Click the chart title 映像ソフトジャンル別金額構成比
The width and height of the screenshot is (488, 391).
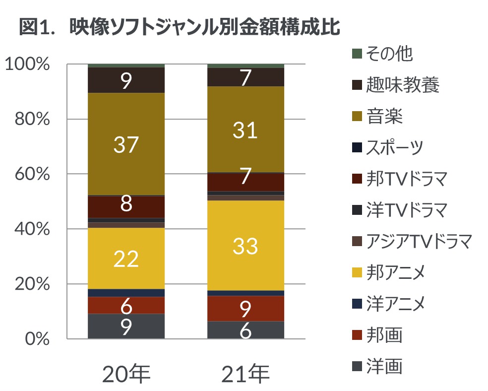(x=180, y=27)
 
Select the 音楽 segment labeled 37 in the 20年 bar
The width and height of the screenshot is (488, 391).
(x=126, y=144)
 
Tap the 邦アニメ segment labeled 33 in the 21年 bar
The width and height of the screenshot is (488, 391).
(x=245, y=245)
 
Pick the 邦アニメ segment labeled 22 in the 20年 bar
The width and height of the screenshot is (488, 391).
(x=126, y=259)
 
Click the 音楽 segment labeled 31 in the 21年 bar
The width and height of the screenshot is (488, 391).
(x=245, y=130)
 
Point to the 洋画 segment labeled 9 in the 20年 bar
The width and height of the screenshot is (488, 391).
(x=126, y=326)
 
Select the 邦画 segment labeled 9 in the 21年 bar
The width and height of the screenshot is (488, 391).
(x=245, y=309)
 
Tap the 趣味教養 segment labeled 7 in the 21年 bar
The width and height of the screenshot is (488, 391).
(x=245, y=77)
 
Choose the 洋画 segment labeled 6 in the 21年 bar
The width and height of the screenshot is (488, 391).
(x=245, y=330)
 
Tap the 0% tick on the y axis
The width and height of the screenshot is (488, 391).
(x=37, y=339)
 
